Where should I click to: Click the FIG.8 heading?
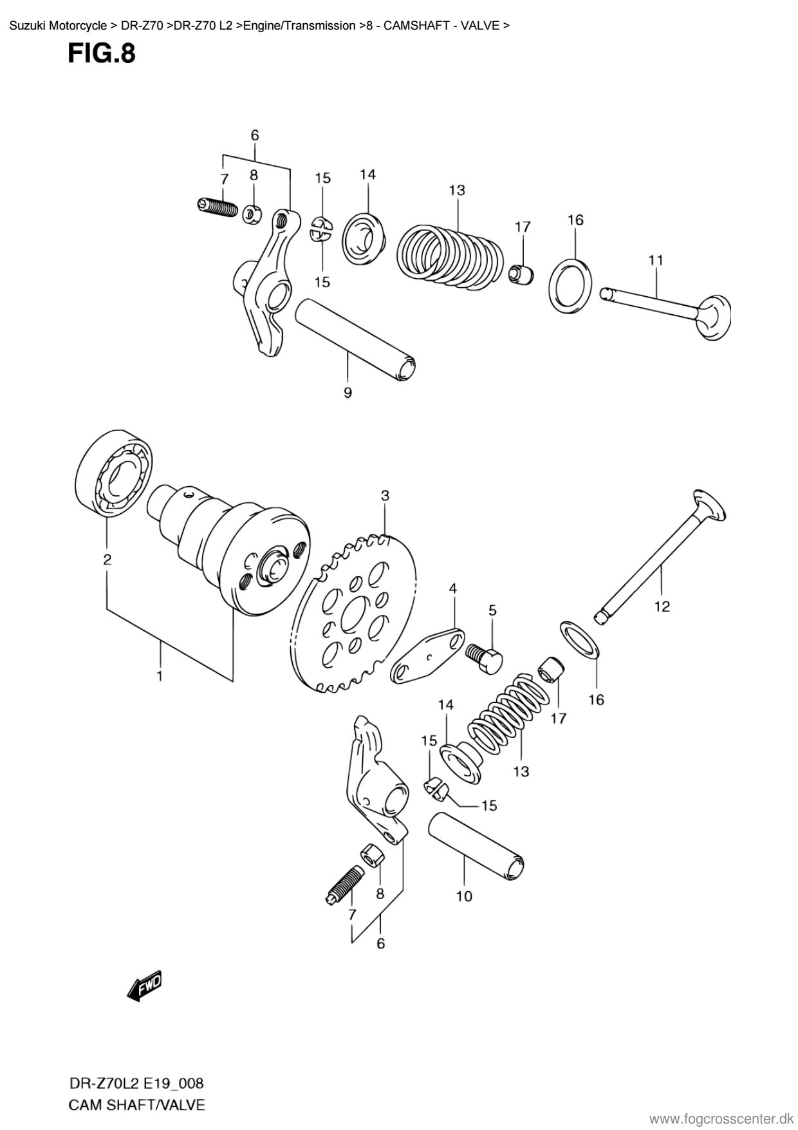point(101,53)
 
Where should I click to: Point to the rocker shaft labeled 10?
point(476,842)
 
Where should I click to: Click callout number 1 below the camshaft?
point(159,675)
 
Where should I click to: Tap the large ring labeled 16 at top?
point(571,286)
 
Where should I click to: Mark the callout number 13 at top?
point(457,190)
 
